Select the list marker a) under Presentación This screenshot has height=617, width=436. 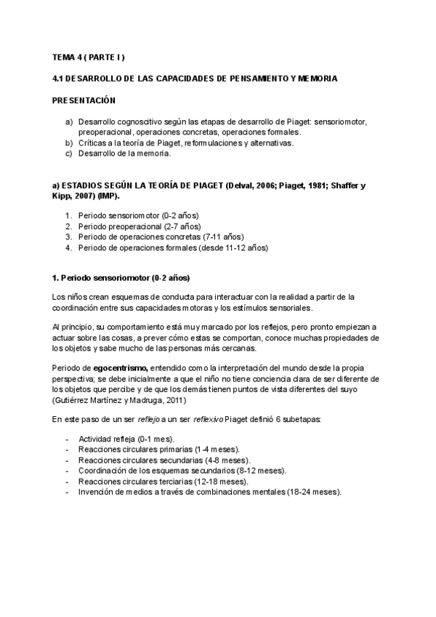pos(69,122)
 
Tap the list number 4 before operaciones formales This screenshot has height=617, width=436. pos(69,247)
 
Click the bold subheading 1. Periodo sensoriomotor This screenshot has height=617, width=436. pos(121,277)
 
